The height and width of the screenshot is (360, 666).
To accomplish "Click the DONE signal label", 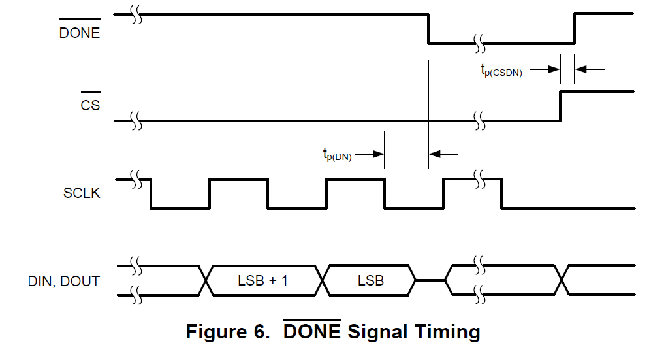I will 80,33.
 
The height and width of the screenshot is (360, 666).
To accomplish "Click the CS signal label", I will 90,104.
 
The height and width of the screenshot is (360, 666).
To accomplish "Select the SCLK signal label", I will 82,193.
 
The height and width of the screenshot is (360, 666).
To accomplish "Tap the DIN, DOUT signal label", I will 63,281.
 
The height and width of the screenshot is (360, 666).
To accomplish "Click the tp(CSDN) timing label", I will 501,70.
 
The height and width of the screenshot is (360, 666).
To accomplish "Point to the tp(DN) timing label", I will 336,155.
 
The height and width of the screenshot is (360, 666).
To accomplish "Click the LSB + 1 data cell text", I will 262,281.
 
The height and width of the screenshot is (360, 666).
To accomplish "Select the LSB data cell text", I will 370,281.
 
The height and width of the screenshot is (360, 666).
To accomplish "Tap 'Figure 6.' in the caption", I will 227,332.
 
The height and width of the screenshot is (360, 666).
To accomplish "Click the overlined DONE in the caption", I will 311,332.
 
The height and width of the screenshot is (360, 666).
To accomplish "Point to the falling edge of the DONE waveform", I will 428,29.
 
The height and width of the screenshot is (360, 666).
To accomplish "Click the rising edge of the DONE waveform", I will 575,29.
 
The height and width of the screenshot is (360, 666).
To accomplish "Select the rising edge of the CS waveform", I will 560,106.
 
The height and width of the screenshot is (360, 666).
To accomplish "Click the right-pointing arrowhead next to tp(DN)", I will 379,154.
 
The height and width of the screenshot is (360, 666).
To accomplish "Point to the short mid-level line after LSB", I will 430,280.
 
